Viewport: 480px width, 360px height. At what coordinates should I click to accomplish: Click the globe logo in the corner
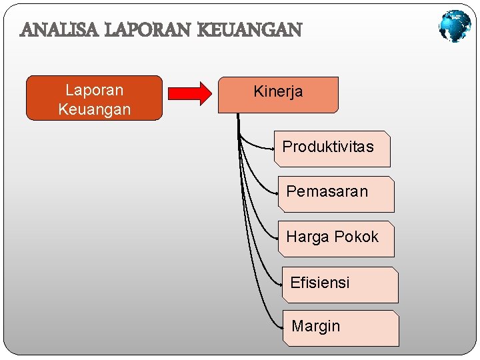pyautogui.click(x=455, y=27)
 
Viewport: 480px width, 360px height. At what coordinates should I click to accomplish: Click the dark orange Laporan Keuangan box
pyautogui.click(x=94, y=98)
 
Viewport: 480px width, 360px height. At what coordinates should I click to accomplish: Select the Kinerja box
pyautogui.click(x=278, y=94)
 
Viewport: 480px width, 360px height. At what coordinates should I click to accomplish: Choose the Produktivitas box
pyautogui.click(x=332, y=149)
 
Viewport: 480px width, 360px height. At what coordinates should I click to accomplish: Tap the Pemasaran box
pyautogui.click(x=335, y=194)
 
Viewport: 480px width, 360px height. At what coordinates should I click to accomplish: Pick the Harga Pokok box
pyautogui.click(x=335, y=239)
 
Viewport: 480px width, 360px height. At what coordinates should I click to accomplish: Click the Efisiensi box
pyautogui.click(x=339, y=285)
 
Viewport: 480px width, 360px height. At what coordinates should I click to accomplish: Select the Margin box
pyautogui.click(x=340, y=328)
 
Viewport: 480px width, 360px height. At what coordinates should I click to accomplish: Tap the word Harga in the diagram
pyautogui.click(x=308, y=237)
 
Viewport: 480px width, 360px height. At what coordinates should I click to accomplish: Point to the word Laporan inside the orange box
pyautogui.click(x=94, y=90)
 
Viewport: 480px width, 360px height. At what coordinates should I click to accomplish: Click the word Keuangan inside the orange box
pyautogui.click(x=94, y=109)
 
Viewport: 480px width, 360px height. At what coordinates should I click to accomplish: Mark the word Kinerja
pyautogui.click(x=278, y=92)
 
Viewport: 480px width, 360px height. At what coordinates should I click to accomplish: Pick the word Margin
pyautogui.click(x=316, y=327)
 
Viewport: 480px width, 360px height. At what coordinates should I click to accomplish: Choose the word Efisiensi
pyautogui.click(x=320, y=283)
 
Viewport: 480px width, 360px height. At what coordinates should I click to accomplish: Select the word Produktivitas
pyautogui.click(x=328, y=147)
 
